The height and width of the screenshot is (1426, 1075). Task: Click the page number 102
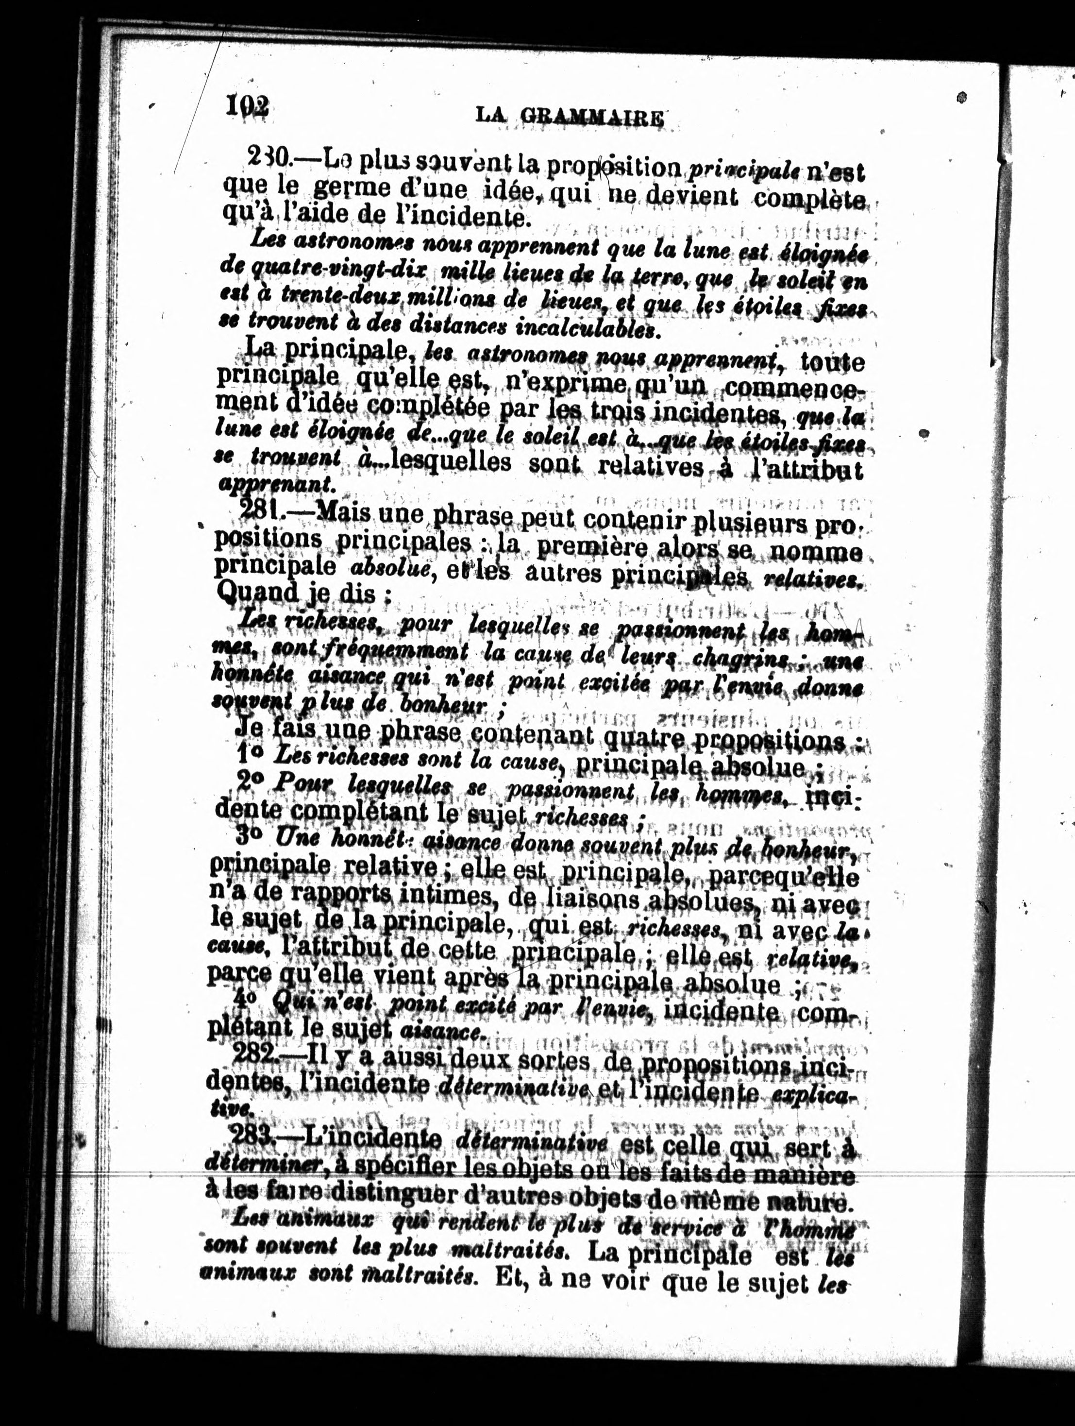pyautogui.click(x=246, y=104)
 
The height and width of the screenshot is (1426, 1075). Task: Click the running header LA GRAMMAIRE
pyautogui.click(x=569, y=116)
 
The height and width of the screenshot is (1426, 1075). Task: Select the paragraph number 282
pyautogui.click(x=255, y=1055)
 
